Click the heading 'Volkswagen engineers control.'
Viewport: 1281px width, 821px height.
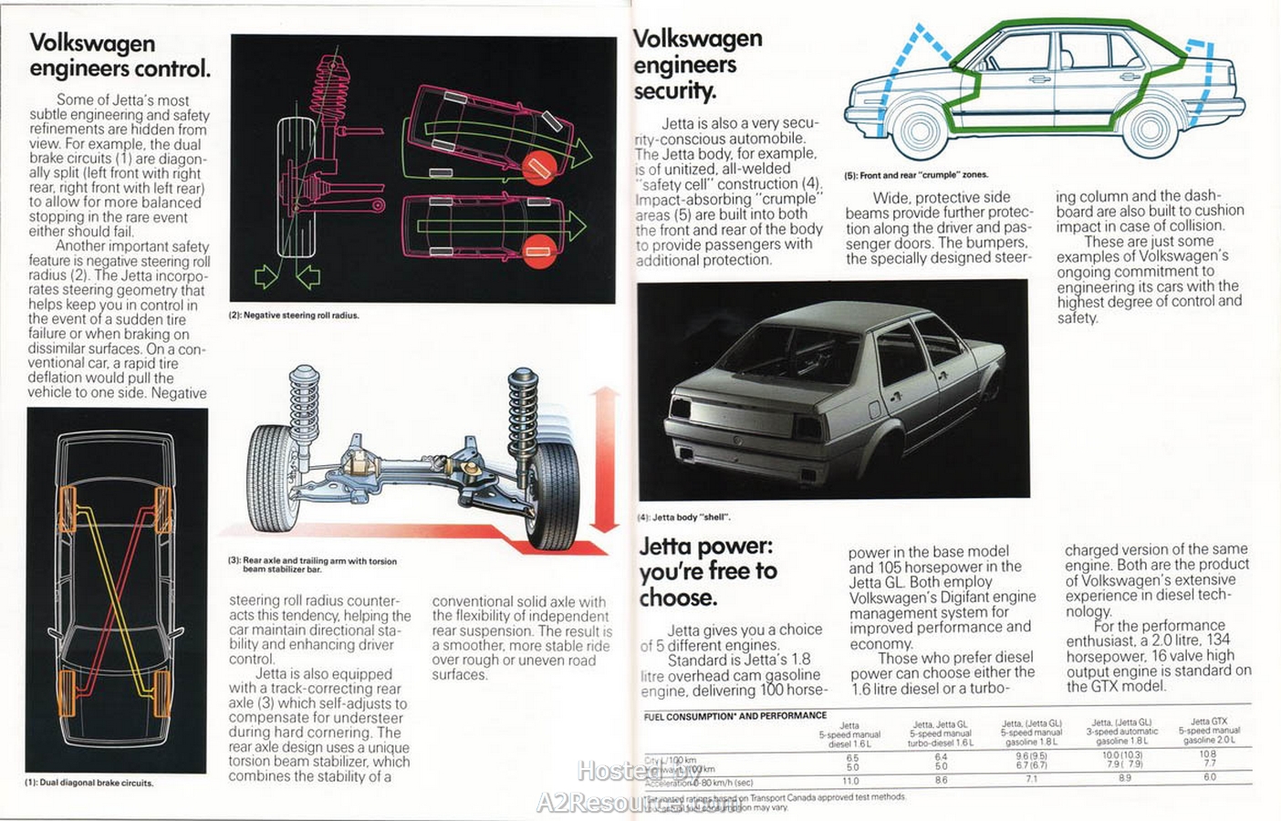point(120,57)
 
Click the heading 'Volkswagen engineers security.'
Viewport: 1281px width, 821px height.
point(698,64)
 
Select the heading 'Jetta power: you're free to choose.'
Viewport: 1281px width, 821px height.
point(708,571)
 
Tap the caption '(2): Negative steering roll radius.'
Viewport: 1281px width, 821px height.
point(293,316)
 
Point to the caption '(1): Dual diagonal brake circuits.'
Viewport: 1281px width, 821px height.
point(89,783)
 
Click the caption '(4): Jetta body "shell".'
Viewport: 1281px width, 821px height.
point(683,517)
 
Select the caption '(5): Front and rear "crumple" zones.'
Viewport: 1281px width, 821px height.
point(916,175)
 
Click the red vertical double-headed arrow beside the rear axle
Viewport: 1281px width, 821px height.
point(604,459)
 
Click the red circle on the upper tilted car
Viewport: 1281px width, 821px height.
point(539,168)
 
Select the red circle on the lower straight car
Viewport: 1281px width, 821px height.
point(539,250)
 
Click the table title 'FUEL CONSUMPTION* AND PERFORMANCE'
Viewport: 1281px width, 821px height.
point(735,716)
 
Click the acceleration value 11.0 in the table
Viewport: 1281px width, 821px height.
point(851,781)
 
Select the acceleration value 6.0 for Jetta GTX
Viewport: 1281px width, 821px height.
point(1210,778)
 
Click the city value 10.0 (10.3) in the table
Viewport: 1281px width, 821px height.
point(1122,755)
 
